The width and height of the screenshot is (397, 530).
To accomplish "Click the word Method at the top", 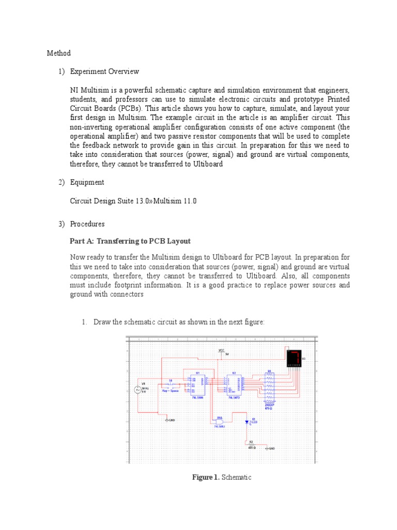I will tap(58, 53).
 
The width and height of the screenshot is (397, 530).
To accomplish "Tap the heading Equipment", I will tap(87, 182).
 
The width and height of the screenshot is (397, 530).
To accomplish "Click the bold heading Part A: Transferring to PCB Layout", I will tap(130, 241).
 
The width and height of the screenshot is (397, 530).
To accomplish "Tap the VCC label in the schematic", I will tap(222, 350).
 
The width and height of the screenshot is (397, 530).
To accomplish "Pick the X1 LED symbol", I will tap(247, 422).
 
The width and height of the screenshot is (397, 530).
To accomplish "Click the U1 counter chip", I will tap(197, 385).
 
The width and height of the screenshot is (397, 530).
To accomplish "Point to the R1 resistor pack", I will tap(269, 386).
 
